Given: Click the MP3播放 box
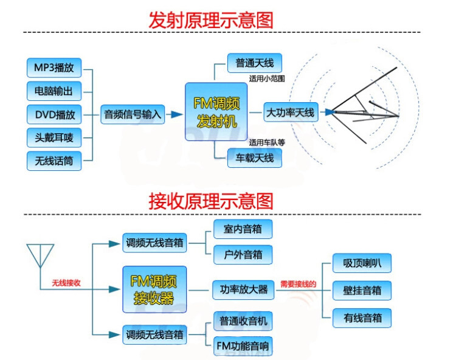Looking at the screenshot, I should [x=54, y=66].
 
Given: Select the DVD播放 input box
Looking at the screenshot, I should [x=54, y=114].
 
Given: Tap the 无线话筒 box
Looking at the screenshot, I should [x=54, y=161].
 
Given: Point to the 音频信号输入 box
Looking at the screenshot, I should [x=133, y=114].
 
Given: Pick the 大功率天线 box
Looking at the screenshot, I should [x=291, y=112].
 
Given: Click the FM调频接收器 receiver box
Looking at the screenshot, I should [x=154, y=289].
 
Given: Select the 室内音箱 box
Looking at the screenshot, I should [x=243, y=229].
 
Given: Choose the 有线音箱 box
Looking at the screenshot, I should [x=362, y=317].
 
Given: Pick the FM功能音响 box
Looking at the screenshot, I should [x=243, y=347].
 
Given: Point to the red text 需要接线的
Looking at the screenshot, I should [x=298, y=283].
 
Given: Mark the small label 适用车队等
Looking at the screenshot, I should [x=267, y=142].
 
